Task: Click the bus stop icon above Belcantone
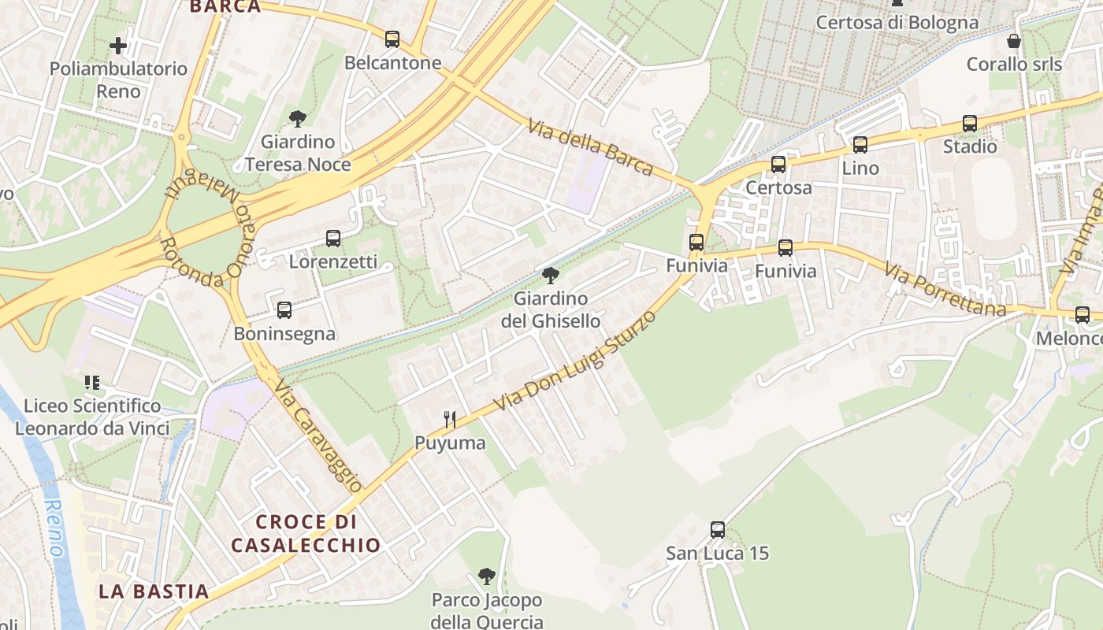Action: [392, 39]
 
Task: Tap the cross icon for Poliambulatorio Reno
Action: [118, 46]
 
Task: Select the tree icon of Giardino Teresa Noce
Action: [298, 119]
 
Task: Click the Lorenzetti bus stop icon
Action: [333, 238]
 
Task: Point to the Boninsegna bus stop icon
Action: [284, 310]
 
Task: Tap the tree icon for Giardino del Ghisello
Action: [551, 275]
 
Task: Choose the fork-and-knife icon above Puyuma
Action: [450, 419]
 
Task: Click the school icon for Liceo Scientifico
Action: [92, 383]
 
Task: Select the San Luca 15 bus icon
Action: [717, 529]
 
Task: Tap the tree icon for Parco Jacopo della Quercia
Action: [487, 576]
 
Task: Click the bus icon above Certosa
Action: [778, 164]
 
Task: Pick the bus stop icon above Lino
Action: [860, 144]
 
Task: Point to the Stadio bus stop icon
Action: [970, 124]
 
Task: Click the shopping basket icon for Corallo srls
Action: [1014, 41]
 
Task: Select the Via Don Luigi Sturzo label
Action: [576, 361]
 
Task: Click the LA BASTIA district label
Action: [154, 591]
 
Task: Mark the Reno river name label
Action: [54, 528]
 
